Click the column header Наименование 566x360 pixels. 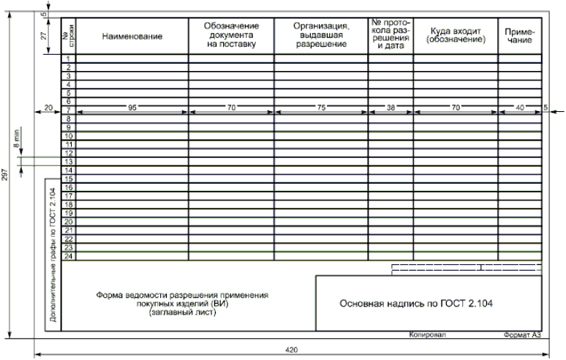tap(132, 35)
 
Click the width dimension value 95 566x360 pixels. tap(132, 108)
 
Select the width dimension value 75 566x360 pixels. tap(321, 108)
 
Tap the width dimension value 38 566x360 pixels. tap(390, 108)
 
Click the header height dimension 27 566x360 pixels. tap(43, 34)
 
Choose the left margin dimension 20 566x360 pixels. tap(48, 108)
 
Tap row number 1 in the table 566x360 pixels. tap(68, 59)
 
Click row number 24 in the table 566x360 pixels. tap(68, 255)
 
